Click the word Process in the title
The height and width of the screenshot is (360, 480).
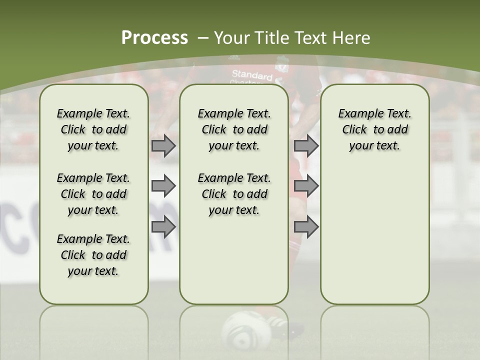[154, 38]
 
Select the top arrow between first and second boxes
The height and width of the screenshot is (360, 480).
[163, 146]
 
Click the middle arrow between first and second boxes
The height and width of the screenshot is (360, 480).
[163, 186]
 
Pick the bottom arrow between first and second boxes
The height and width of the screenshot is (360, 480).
[163, 227]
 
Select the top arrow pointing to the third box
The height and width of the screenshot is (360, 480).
[306, 146]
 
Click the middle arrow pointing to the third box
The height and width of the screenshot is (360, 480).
[306, 186]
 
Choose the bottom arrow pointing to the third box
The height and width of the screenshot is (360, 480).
[306, 227]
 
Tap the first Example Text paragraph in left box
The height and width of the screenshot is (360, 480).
[93, 129]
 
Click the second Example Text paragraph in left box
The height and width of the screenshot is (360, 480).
[93, 194]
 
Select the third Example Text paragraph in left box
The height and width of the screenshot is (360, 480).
[93, 255]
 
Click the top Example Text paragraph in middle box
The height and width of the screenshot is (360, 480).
[234, 129]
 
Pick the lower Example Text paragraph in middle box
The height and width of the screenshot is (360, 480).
[234, 194]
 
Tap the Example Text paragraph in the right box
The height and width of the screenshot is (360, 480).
[374, 129]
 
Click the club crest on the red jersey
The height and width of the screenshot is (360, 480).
[283, 65]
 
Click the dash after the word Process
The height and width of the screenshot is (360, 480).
[203, 38]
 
